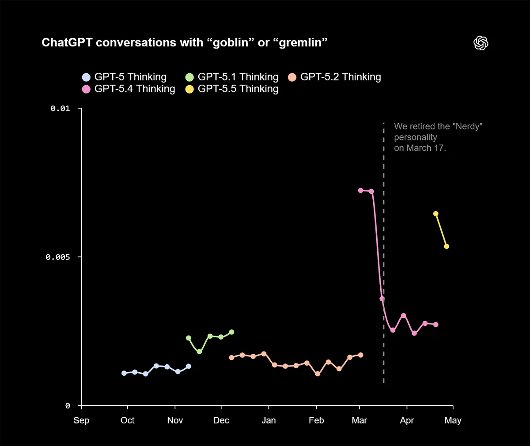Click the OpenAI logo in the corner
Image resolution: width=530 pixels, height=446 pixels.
(x=481, y=43)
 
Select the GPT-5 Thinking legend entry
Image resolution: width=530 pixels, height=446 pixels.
(x=125, y=77)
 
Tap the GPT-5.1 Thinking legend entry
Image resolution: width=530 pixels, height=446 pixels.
(x=232, y=77)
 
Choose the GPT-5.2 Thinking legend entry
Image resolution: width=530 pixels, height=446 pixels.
(x=335, y=77)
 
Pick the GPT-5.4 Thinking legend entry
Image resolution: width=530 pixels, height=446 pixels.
(x=129, y=89)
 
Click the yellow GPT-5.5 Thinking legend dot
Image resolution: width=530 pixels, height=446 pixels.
(x=189, y=89)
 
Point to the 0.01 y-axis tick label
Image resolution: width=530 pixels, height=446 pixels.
(x=60, y=108)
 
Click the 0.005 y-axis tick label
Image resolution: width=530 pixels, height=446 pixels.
(x=58, y=257)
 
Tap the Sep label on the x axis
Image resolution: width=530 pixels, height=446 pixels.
(x=81, y=420)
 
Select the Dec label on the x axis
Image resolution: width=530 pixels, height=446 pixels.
(x=221, y=420)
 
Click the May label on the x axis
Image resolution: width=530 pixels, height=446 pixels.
(x=453, y=420)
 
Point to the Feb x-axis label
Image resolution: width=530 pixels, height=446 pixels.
(x=316, y=420)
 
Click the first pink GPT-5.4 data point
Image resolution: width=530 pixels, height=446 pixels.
(x=360, y=190)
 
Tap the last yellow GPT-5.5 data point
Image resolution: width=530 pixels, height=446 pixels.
(x=447, y=246)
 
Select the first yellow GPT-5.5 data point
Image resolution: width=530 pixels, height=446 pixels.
(x=436, y=214)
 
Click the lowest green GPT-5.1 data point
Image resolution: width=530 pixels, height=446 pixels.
(x=199, y=352)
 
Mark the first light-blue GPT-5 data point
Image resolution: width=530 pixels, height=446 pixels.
(x=124, y=373)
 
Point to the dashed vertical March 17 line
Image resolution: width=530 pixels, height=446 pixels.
(x=383, y=247)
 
